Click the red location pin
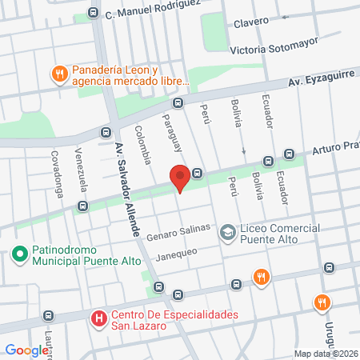180,178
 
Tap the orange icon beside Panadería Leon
58,74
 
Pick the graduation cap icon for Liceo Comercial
228,233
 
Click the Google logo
26,350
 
